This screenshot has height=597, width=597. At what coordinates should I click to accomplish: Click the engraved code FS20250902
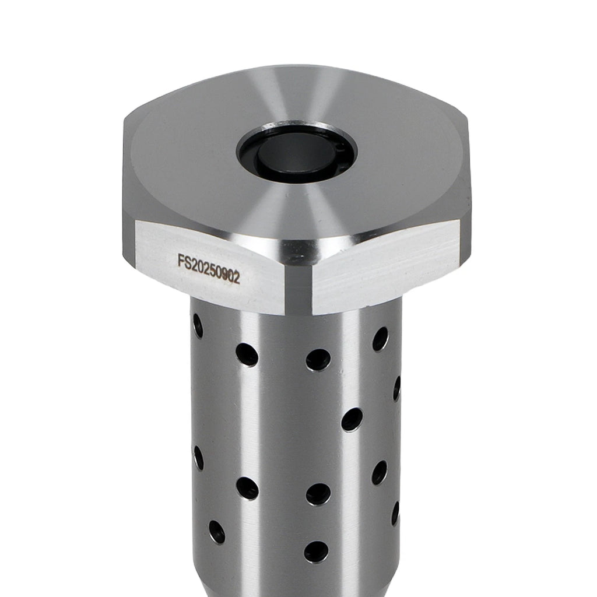click(x=209, y=269)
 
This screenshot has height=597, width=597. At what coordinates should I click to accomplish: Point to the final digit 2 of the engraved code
click(x=236, y=278)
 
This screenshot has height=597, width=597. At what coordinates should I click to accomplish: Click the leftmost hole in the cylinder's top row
click(x=198, y=326)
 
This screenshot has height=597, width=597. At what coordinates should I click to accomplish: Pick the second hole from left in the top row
click(x=247, y=354)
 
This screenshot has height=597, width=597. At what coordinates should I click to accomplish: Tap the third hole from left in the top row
click(x=318, y=360)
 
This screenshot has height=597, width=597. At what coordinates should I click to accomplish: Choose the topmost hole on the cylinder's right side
click(x=380, y=339)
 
